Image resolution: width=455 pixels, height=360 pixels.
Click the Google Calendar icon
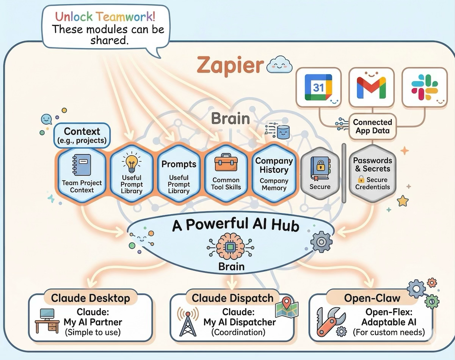[318, 87]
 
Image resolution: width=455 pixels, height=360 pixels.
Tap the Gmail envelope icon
[371, 88]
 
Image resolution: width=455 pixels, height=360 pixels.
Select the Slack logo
[424, 87]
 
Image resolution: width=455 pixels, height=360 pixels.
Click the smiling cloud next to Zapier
[279, 65]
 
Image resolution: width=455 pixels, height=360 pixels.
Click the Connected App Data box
[372, 126]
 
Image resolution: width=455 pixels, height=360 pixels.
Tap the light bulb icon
[132, 162]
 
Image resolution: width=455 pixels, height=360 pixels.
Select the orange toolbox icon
[226, 162]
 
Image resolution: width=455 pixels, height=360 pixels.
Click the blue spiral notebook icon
[82, 165]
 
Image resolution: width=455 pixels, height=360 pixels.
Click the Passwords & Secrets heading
[373, 165]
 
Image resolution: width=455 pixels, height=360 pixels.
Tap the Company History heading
[274, 165]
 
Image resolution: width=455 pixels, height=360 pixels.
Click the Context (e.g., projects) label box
[82, 135]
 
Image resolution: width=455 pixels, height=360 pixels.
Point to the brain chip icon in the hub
[231, 247]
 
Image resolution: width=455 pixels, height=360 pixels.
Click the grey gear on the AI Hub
[321, 242]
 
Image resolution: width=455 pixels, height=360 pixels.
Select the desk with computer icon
[47, 321]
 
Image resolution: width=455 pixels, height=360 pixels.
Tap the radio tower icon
[188, 322]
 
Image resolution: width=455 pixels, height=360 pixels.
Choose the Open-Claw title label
[372, 298]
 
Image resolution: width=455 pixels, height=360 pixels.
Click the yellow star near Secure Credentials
[403, 201]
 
